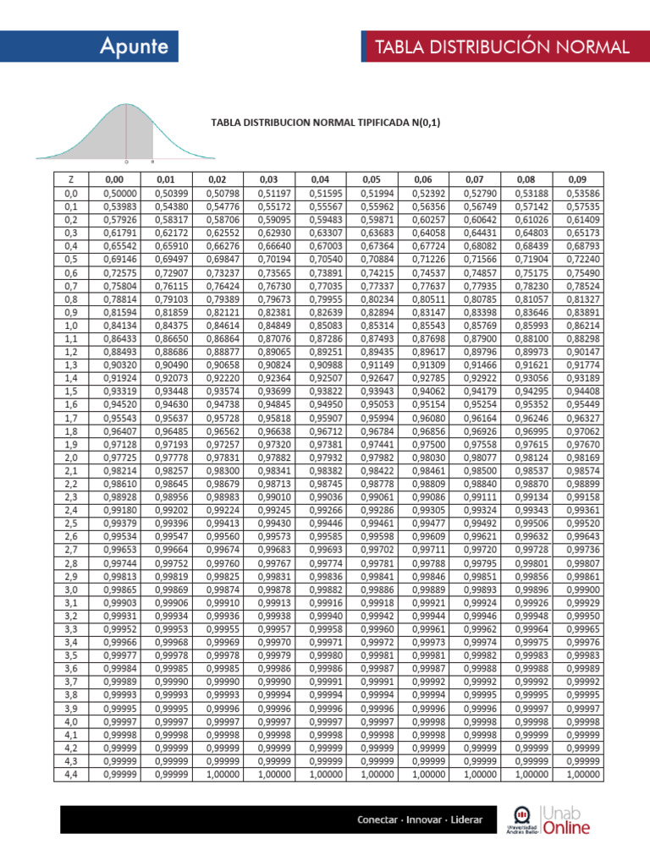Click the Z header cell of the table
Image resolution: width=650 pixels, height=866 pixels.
point(71,179)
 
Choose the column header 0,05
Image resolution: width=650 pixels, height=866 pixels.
point(372,179)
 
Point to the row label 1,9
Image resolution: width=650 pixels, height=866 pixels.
point(71,444)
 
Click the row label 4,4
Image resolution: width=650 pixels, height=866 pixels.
point(71,774)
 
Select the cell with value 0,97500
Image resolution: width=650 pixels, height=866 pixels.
point(423,444)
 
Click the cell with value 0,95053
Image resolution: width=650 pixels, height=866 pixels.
point(372,404)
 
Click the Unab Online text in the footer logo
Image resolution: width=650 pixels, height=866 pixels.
point(566,820)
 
